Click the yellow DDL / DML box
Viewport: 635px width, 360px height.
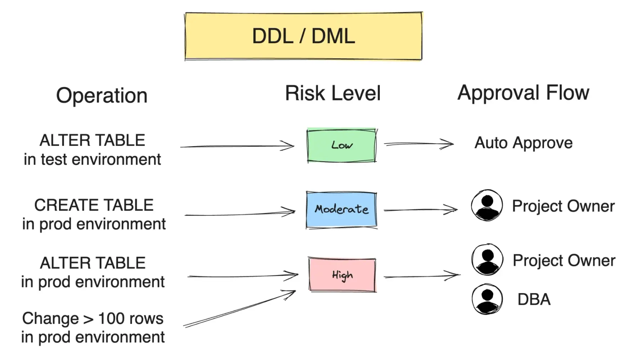[x=303, y=36]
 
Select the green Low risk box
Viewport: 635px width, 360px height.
[x=341, y=145]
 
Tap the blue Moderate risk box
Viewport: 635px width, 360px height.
[x=341, y=210]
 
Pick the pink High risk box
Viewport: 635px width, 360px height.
[x=342, y=275]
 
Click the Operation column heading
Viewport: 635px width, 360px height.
[x=102, y=95]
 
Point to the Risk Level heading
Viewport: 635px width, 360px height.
[x=333, y=93]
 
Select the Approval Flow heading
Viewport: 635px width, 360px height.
[x=523, y=93]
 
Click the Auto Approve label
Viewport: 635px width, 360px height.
[x=523, y=143]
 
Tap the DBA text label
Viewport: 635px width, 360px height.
[x=534, y=300]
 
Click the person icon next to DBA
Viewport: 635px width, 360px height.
[x=487, y=299]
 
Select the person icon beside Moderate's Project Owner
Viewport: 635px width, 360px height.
[x=487, y=205]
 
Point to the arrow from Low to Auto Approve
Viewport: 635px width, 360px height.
[x=418, y=144]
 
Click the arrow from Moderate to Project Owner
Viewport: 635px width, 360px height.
[x=420, y=210]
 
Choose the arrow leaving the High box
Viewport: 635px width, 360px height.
[x=422, y=276]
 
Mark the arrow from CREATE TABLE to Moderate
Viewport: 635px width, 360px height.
[x=240, y=213]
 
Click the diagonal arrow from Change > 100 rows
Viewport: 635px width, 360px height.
[x=240, y=309]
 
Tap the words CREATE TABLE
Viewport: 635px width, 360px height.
[x=94, y=205]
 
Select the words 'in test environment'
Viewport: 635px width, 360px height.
[x=93, y=159]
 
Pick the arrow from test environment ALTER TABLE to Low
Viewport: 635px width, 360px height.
[x=237, y=146]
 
